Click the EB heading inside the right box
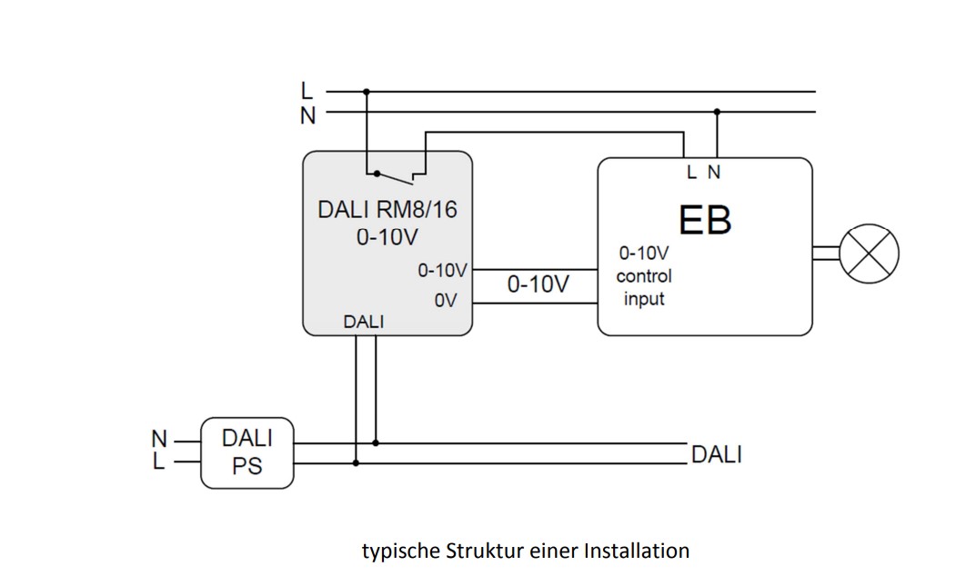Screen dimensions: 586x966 tap(705, 220)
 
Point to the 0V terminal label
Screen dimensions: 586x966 tap(446, 301)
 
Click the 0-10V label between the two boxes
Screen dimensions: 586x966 tap(538, 284)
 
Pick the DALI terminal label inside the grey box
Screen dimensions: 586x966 tap(364, 322)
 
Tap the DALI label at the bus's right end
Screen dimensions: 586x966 tap(716, 454)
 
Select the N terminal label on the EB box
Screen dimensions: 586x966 tap(714, 172)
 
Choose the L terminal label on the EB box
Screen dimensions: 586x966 tap(691, 172)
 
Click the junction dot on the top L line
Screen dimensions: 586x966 tap(367, 92)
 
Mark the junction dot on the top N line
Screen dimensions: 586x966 tap(717, 113)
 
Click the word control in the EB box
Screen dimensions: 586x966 tap(644, 276)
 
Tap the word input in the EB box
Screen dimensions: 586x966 tap(644, 299)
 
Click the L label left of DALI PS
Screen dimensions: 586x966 tap(159, 462)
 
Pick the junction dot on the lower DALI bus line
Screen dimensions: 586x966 tap(356, 462)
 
